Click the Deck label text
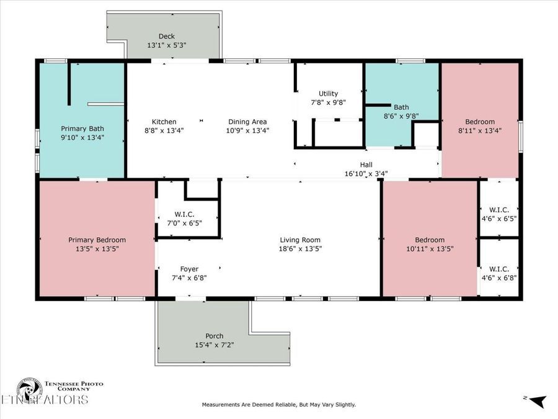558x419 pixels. (x=166, y=36)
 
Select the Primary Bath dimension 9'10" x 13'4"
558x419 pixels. (x=82, y=137)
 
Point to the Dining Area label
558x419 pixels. (x=247, y=122)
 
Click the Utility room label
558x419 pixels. (x=328, y=94)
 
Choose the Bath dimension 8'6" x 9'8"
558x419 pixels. (x=401, y=115)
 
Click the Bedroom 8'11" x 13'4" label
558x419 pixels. (x=479, y=122)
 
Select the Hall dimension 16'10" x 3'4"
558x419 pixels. (x=366, y=174)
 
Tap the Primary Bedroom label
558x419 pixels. (x=97, y=240)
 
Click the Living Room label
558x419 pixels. (x=300, y=240)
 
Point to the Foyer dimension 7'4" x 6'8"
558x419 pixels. (x=189, y=277)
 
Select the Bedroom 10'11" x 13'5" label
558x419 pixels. (x=430, y=240)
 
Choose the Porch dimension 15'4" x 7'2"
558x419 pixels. (x=215, y=345)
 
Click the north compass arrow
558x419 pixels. (x=538, y=401)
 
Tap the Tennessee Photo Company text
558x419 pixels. (x=73, y=387)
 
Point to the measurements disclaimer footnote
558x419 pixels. (x=279, y=405)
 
